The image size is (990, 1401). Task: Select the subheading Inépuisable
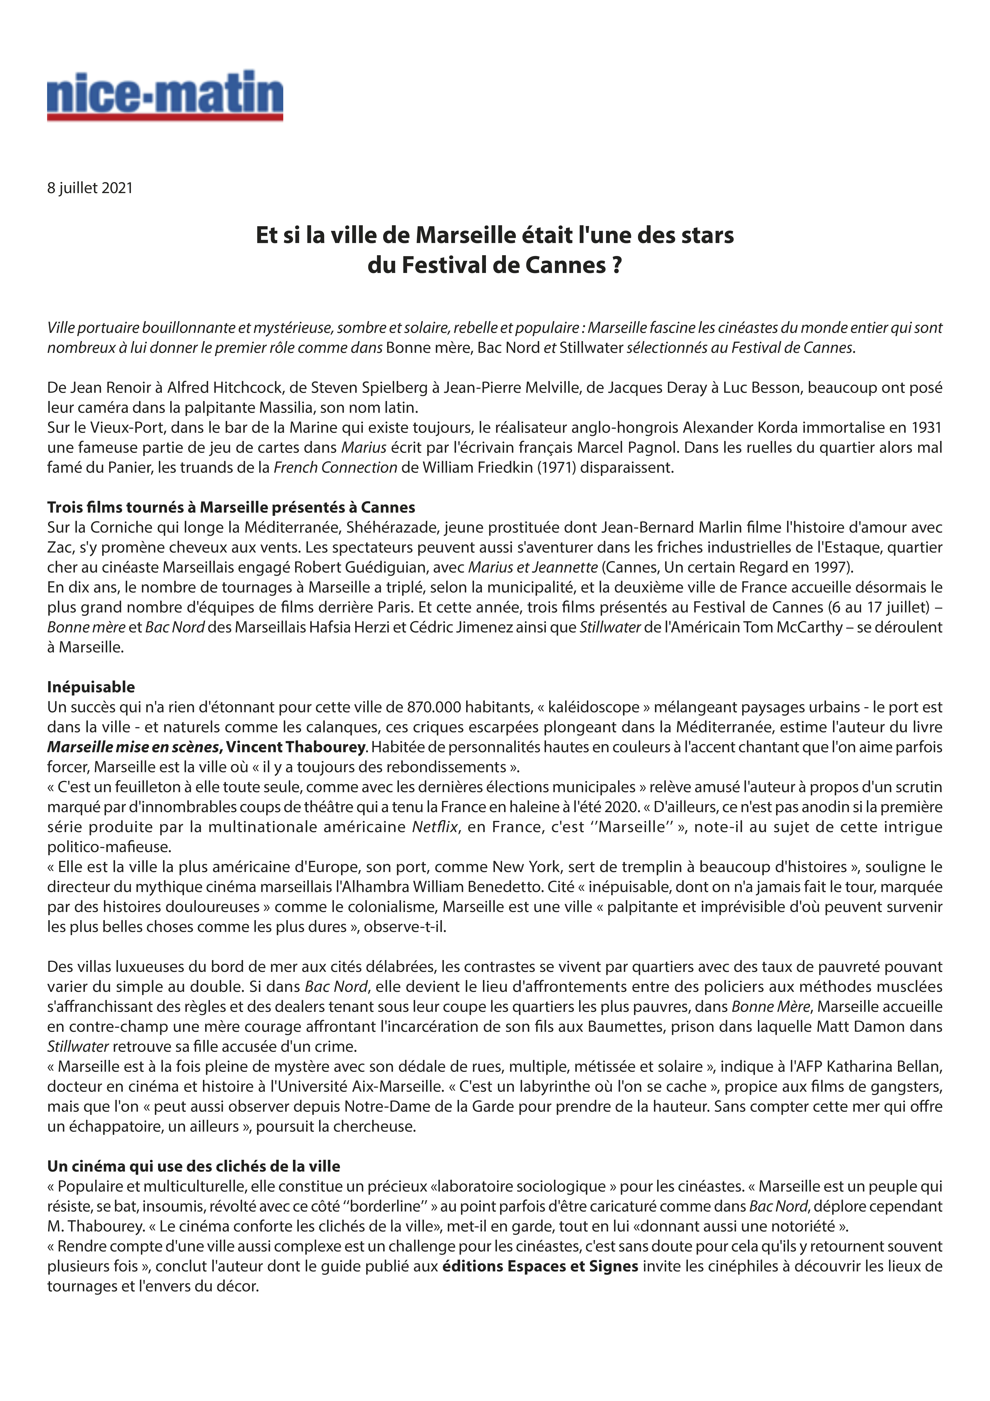click(91, 687)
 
